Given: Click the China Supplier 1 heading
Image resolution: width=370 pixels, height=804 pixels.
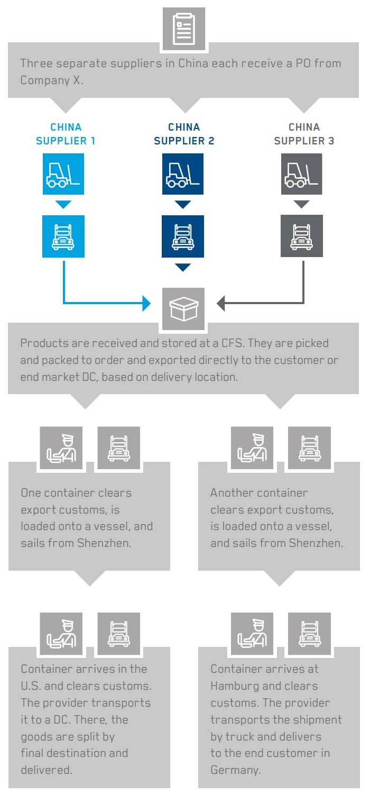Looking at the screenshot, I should [x=66, y=134].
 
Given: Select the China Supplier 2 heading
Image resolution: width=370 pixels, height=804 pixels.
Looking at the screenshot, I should [x=184, y=134].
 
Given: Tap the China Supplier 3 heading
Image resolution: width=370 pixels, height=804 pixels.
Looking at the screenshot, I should [x=304, y=134].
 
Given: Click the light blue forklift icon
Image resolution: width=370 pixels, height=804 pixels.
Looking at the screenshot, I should [x=63, y=174].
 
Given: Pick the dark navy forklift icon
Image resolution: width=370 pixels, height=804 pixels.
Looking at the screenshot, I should [x=183, y=174].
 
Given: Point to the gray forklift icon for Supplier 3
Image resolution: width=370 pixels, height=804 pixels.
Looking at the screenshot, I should [x=302, y=174].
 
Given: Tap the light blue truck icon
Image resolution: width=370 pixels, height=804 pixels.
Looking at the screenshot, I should [x=63, y=236].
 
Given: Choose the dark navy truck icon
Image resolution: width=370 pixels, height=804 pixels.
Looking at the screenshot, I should [x=183, y=236].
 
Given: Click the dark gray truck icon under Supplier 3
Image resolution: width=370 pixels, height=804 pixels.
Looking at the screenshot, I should [x=302, y=236].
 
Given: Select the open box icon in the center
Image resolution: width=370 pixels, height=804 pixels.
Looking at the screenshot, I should [x=183, y=309].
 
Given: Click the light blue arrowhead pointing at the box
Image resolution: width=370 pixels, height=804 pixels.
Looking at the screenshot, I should [x=146, y=304].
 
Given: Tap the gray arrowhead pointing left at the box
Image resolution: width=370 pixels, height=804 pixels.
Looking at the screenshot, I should [x=221, y=304].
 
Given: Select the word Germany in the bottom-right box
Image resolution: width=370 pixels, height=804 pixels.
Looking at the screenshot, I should [x=235, y=770].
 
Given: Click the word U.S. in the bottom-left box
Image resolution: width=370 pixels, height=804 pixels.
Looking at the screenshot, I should [x=32, y=686].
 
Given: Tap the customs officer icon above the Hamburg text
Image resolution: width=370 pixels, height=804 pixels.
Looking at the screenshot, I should [x=252, y=634].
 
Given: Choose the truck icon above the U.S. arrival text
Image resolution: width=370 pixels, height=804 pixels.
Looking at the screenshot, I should [x=119, y=634].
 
